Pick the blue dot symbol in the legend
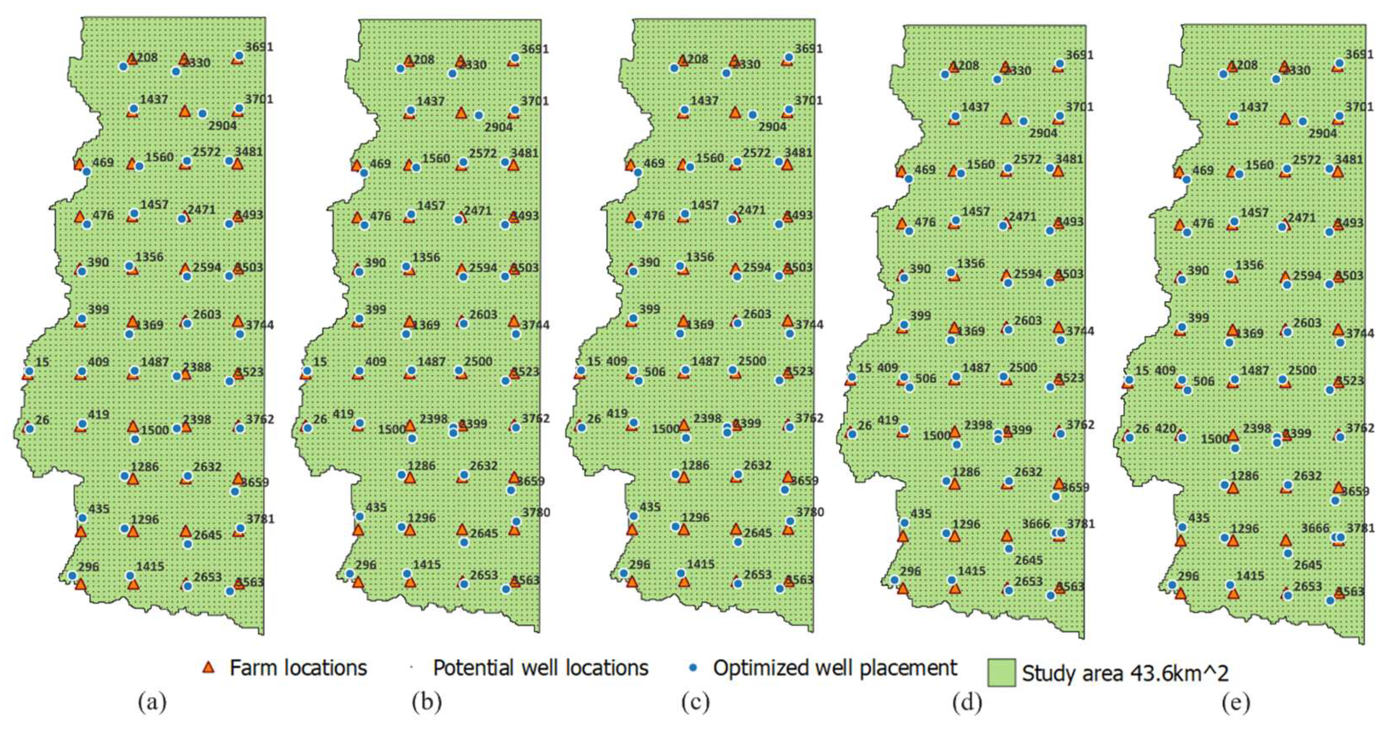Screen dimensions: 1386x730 point(694,668)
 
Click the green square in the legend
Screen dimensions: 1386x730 point(1001,672)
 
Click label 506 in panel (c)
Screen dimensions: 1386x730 point(655,372)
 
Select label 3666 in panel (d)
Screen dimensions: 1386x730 point(1036,524)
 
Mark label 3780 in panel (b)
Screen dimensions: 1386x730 point(536,512)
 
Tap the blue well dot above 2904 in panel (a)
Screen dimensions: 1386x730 point(202,114)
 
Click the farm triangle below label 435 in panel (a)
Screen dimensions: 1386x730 point(81,532)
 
